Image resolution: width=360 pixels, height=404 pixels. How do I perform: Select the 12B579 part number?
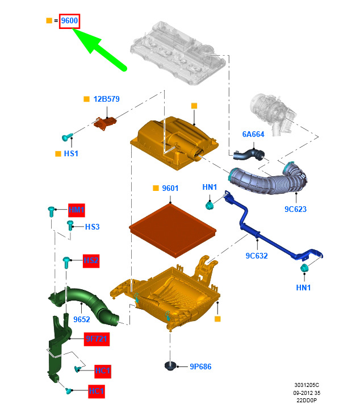pos(106,99)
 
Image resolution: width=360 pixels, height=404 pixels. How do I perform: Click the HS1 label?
pos(72,153)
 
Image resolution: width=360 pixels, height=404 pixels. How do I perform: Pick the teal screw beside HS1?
pos(67,136)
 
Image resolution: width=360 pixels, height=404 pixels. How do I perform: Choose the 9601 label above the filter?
pos(170,188)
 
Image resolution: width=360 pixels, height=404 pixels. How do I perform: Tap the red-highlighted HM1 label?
pos(76,210)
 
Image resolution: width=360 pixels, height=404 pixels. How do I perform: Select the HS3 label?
pos(92,227)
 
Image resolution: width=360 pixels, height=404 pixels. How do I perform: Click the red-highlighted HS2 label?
pos(91,261)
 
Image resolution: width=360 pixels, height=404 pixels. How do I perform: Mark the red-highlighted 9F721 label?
pos(97,339)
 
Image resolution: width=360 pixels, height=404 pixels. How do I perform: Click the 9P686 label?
pos(200,367)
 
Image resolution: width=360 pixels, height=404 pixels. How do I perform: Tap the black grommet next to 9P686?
pos(170,366)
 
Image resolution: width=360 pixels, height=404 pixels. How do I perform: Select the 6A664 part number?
pos(254,134)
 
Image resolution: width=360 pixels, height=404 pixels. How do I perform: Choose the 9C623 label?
pos(295,209)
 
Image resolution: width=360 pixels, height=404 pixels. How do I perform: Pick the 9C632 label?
pos(257,256)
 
